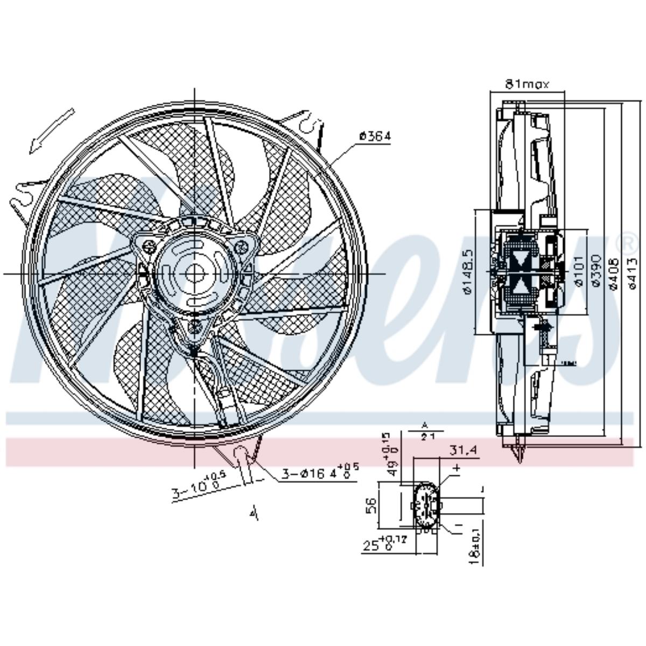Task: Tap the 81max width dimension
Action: tap(526, 85)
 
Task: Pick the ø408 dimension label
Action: tap(614, 272)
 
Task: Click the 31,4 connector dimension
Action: tap(462, 450)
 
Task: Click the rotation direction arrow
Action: tap(52, 129)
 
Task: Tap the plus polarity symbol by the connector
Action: tap(457, 469)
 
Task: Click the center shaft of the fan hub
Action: tap(195, 273)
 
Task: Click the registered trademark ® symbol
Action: tap(630, 243)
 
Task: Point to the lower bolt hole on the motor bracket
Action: tap(194, 325)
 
